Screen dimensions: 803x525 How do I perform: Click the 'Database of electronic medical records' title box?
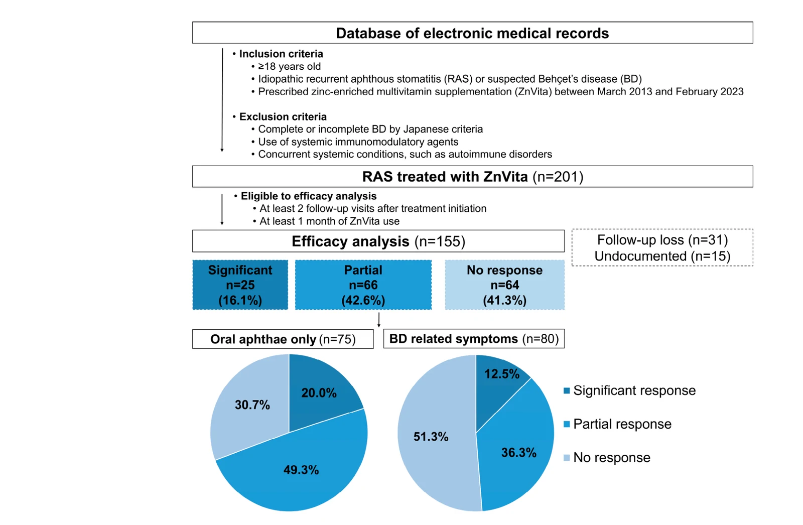pos(472,33)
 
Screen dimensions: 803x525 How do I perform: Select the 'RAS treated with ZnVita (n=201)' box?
pos(472,177)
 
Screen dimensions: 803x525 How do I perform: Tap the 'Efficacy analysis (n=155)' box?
pos(378,241)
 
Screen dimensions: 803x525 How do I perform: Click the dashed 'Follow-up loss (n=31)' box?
pos(662,247)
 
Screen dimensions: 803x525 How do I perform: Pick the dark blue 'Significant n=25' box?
pos(240,285)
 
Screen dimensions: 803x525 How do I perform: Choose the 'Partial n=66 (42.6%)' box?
pos(363,285)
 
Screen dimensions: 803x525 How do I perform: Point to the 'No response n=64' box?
pos(505,285)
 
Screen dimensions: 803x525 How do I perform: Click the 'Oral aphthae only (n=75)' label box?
pos(283,339)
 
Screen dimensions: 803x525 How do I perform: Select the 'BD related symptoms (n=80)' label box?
pos(474,338)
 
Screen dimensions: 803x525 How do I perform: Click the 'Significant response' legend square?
pos(567,390)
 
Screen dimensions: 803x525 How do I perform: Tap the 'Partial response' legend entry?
pos(617,424)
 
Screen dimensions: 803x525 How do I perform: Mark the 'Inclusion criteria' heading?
pos(281,54)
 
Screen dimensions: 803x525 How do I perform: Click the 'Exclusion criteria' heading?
pos(283,116)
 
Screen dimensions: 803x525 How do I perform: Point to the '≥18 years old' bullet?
pos(289,66)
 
